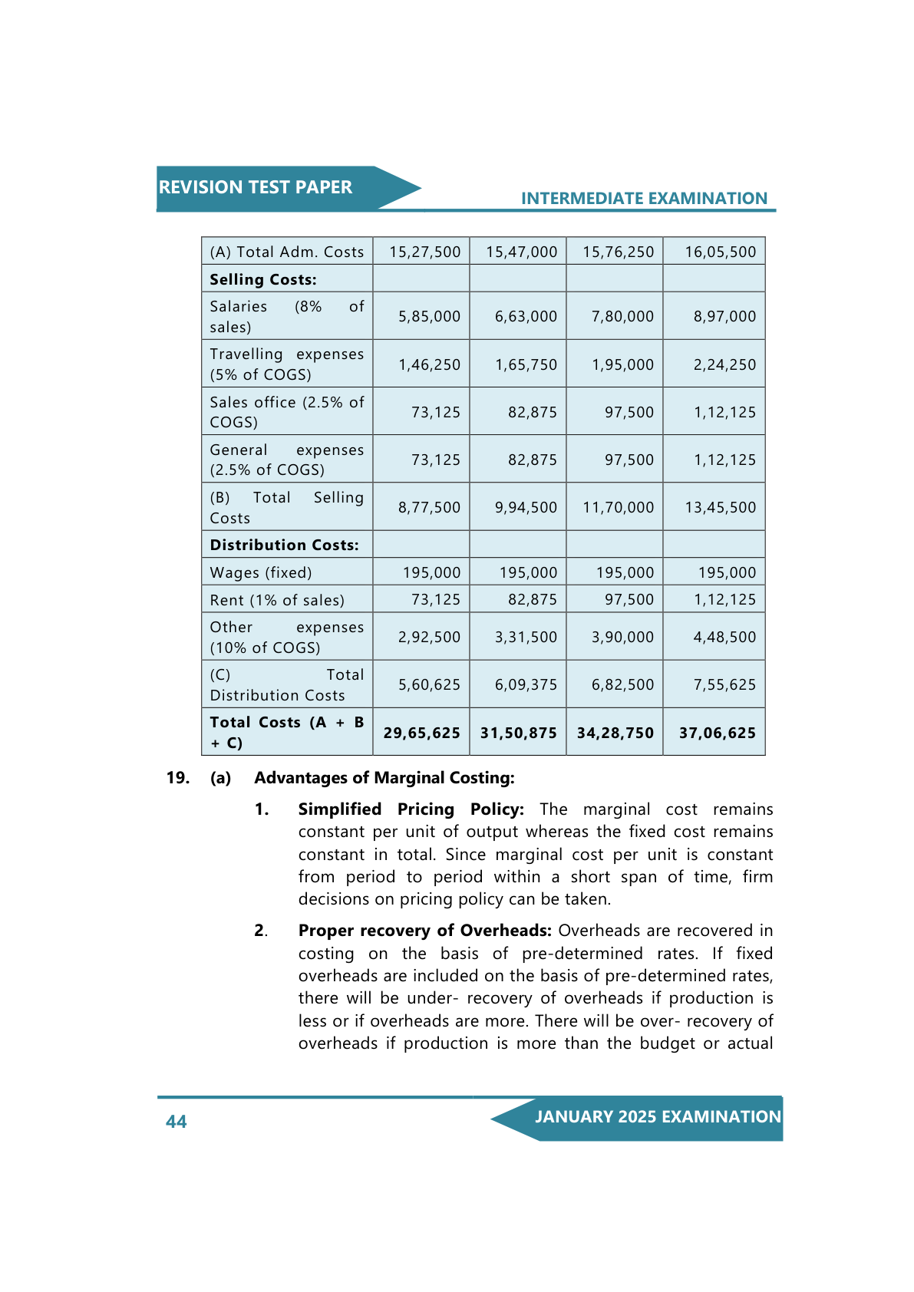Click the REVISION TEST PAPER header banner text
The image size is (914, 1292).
tap(256, 187)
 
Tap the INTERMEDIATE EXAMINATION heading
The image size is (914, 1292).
tap(644, 199)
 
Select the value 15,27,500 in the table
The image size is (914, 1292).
tap(424, 252)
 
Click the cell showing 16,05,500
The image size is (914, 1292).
tap(720, 252)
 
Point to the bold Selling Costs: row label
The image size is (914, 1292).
tap(263, 279)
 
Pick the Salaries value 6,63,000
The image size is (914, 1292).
tap(526, 316)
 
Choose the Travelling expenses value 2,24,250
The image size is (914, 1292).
tap(724, 364)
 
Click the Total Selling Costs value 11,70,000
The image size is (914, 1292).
tap(618, 507)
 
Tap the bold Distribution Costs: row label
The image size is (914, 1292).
tap(284, 545)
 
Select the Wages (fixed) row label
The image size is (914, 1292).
tap(261, 572)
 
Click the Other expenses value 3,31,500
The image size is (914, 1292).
tap(526, 637)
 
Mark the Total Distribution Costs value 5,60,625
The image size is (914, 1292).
tap(429, 684)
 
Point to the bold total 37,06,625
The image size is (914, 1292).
tap(717, 733)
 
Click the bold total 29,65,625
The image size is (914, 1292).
tap(422, 733)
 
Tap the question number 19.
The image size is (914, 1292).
tap(178, 778)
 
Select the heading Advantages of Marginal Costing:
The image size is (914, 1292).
tap(384, 778)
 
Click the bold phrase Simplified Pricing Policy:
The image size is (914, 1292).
tap(411, 809)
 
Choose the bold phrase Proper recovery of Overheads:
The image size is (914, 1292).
tap(424, 931)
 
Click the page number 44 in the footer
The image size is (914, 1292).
tap(177, 1122)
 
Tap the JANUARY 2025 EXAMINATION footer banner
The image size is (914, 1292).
tap(658, 1117)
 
